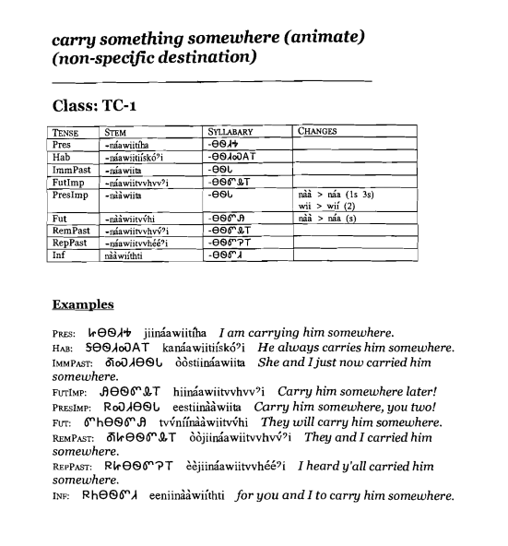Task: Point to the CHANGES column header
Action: [318, 133]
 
